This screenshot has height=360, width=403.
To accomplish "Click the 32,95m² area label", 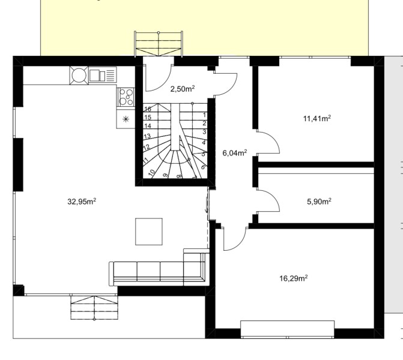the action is (x=82, y=202).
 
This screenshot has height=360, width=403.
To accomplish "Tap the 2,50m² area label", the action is (x=183, y=89).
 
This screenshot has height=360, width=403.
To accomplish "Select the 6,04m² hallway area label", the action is (x=235, y=153).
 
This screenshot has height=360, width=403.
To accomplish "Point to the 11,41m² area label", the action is (x=317, y=118).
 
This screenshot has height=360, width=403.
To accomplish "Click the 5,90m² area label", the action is (x=319, y=202).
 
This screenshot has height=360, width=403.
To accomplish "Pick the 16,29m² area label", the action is (x=294, y=278).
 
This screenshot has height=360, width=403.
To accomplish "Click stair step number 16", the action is (x=148, y=109).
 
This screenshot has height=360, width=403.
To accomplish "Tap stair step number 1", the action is (x=205, y=115).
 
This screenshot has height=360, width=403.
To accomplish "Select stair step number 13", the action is (x=147, y=136).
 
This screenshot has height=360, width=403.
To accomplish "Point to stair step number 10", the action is (x=152, y=172).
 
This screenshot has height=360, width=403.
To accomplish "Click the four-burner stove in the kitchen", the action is (x=126, y=97).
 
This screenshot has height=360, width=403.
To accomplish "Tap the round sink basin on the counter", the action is (x=79, y=75).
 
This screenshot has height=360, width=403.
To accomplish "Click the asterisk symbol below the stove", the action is (x=126, y=119).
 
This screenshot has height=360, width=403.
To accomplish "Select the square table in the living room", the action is (x=149, y=232).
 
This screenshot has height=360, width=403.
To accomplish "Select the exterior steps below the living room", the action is (x=94, y=308).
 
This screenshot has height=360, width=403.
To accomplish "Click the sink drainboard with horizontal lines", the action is (x=111, y=75).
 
